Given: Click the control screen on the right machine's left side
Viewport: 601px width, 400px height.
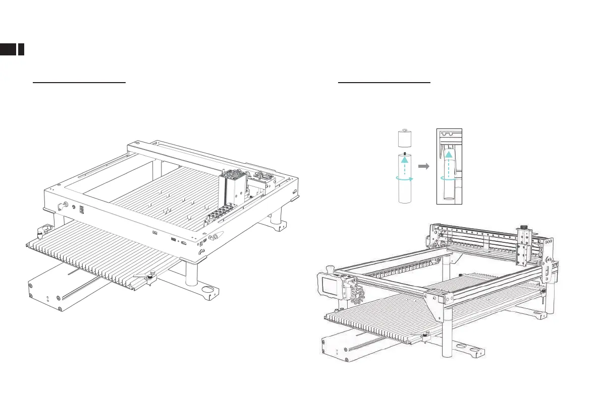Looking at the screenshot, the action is pyautogui.click(x=329, y=288).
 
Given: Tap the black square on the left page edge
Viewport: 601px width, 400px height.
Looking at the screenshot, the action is pyautogui.click(x=8, y=49).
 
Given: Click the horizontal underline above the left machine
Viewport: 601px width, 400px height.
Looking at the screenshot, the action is pyautogui.click(x=79, y=82).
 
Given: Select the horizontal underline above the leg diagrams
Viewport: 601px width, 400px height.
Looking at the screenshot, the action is pyautogui.click(x=384, y=82).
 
